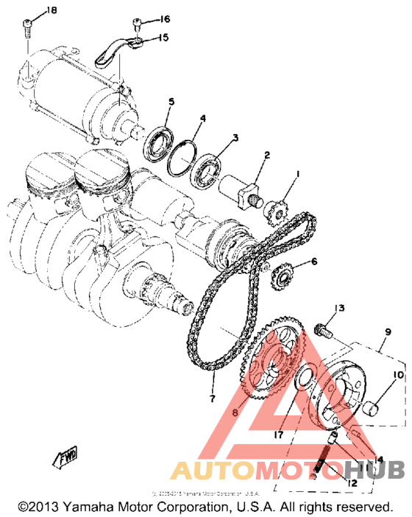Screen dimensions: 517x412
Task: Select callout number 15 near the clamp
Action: coord(163,37)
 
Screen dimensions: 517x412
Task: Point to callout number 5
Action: coord(171,101)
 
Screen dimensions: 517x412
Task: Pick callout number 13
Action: coord(341,307)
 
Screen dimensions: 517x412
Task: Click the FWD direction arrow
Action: coord(65,455)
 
